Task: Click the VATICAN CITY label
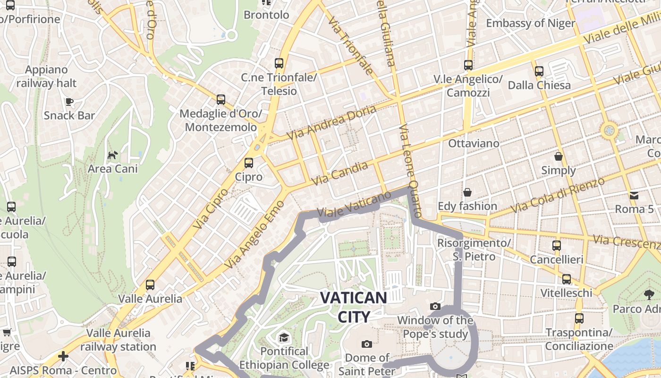coord(354,307)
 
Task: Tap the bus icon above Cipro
coord(249,163)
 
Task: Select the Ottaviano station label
coord(474,143)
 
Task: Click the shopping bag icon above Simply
coord(559,156)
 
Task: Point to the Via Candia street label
coord(340,173)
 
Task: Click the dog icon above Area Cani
coord(112,155)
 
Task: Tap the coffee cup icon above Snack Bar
coord(69,102)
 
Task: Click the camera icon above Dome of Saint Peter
coord(366,344)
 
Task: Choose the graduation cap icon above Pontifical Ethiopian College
coord(284,337)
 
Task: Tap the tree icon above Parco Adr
coord(649,295)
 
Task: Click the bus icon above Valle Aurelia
coord(150,285)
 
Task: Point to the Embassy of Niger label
coord(531,23)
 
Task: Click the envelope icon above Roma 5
coord(634,195)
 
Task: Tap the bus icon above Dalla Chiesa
coord(539,71)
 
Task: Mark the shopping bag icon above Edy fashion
coord(467,192)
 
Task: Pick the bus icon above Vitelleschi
coord(566,279)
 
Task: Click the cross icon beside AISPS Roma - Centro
coord(63,356)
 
